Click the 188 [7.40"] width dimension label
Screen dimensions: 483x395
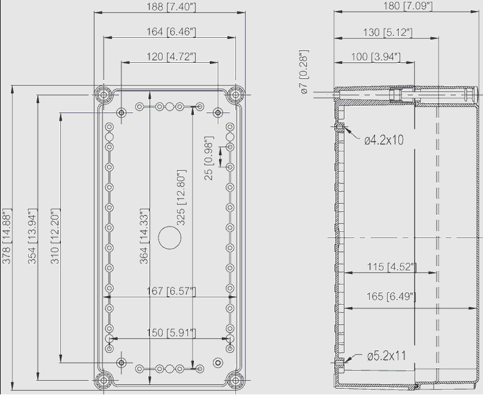click(x=171, y=7)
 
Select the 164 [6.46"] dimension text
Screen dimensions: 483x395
click(x=171, y=32)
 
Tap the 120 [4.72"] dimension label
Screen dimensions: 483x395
click(x=171, y=57)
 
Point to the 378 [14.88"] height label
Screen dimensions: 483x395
click(x=7, y=236)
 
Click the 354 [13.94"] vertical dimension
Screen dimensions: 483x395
click(x=32, y=236)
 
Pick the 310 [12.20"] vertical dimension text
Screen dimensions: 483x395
click(x=55, y=236)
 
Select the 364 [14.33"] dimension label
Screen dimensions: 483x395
click(x=144, y=236)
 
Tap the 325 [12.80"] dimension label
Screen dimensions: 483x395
click(x=181, y=197)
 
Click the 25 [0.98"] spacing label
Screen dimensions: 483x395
click(x=209, y=158)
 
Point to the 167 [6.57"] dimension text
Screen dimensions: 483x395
click(x=171, y=291)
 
